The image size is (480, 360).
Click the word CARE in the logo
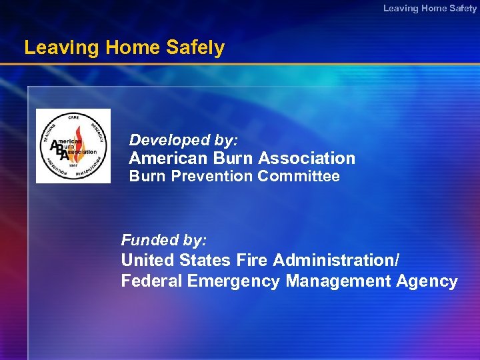click(x=73, y=118)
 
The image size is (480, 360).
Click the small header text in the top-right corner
click(x=429, y=8)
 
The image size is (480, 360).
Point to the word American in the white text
click(x=168, y=158)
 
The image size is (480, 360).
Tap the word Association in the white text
click(x=307, y=158)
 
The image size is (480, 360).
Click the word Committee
click(x=299, y=176)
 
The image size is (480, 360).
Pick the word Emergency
click(x=233, y=281)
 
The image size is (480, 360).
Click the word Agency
click(x=427, y=281)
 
